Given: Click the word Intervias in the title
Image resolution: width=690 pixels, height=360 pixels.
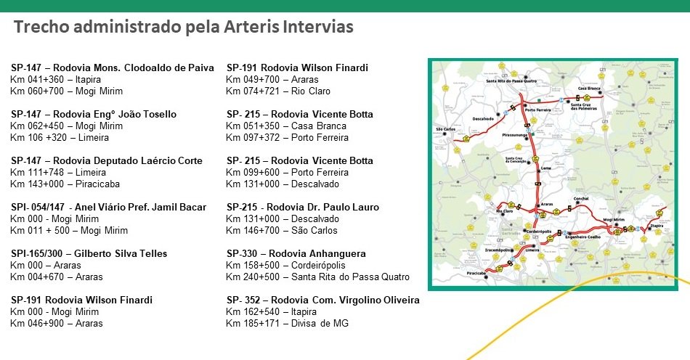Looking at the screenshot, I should pyautogui.click(x=310, y=28).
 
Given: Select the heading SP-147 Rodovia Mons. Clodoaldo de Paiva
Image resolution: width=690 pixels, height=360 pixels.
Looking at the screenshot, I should pyautogui.click(x=113, y=67).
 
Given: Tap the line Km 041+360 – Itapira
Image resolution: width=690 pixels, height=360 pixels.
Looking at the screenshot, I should pyautogui.click(x=55, y=79).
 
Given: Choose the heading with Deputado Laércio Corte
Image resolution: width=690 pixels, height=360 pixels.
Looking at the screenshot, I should pyautogui.click(x=107, y=160).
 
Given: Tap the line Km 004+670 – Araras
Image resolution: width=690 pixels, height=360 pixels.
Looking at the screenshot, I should pyautogui.click(x=56, y=277).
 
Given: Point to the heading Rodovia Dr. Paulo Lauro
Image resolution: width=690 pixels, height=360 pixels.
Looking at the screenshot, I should pyautogui.click(x=301, y=207).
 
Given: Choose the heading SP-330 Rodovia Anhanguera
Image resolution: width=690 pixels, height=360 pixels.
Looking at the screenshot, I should pyautogui.click(x=296, y=253).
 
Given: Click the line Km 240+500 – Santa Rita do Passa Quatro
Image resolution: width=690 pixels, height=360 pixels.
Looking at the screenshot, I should pyautogui.click(x=317, y=277).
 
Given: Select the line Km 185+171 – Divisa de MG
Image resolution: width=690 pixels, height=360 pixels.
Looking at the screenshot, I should pyautogui.click(x=287, y=323).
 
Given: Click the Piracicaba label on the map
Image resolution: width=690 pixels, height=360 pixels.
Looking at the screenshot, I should pyautogui.click(x=476, y=273).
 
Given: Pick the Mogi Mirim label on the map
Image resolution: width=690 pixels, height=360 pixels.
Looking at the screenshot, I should pyautogui.click(x=614, y=218).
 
